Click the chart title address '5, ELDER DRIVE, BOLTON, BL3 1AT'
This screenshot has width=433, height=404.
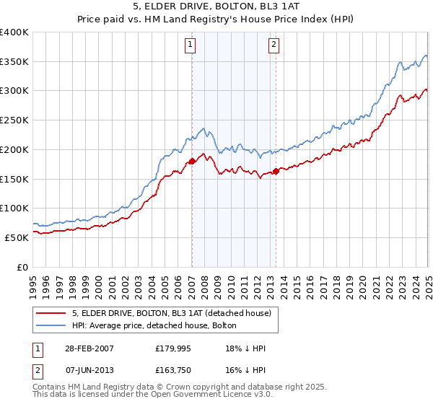pyautogui.click(x=216, y=7)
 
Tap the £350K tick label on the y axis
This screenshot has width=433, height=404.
pyautogui.click(x=14, y=62)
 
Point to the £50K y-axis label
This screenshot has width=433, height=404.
pyautogui.click(x=17, y=237)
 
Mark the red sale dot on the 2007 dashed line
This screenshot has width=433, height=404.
pyautogui.click(x=192, y=162)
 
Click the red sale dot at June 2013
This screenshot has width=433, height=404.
pyautogui.click(x=276, y=171)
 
